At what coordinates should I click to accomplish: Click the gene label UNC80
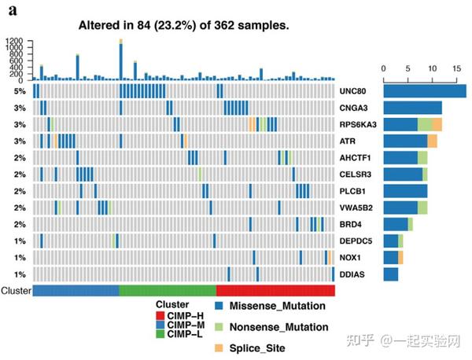click(352, 91)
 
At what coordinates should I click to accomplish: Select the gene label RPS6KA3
click(357, 125)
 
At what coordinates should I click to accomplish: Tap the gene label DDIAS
click(350, 274)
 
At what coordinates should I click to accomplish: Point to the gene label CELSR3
click(353, 174)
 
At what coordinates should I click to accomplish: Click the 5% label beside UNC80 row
click(20, 91)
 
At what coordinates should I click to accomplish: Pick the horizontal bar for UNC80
click(424, 91)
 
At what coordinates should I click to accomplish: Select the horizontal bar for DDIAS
click(390, 274)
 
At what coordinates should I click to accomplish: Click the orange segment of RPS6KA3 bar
click(437, 124)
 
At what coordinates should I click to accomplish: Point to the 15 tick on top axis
click(457, 68)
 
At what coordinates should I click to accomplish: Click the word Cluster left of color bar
click(16, 291)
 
